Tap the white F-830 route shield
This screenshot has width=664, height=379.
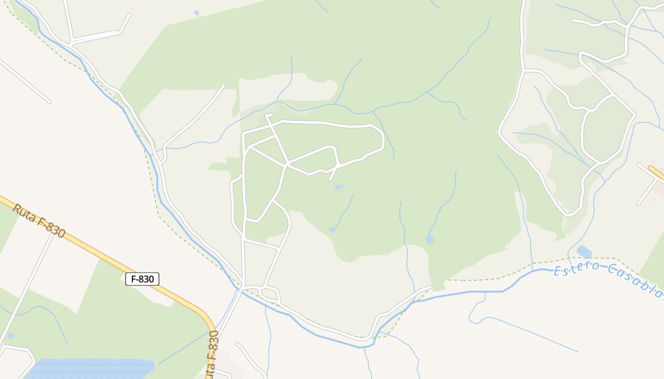pyautogui.click(x=142, y=279)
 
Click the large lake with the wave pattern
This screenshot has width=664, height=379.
pyautogui.click(x=90, y=369)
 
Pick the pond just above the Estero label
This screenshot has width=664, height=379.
pyautogui.click(x=584, y=252)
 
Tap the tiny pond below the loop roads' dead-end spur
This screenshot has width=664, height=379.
pyautogui.click(x=339, y=188)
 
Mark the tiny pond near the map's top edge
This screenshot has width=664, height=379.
pyautogui.click(x=196, y=13)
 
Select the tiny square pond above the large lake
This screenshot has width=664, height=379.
pyautogui.click(x=10, y=336)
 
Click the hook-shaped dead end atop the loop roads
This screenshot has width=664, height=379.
pyautogui.click(x=268, y=115)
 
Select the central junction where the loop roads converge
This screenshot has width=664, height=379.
pyautogui.click(x=287, y=165)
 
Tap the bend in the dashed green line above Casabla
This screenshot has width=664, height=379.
pyautogui.click(x=617, y=259)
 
